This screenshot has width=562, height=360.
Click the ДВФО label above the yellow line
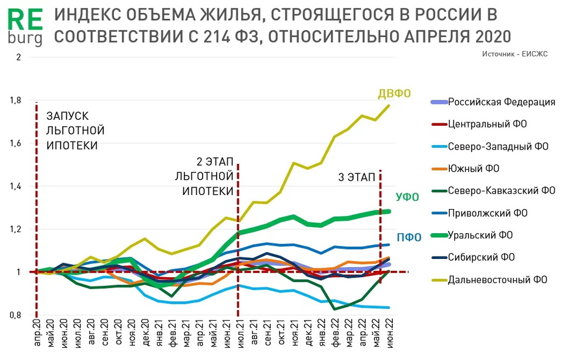coord(393,93)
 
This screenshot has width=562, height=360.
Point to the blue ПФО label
coord(410,238)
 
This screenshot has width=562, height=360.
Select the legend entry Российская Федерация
coord(502,102)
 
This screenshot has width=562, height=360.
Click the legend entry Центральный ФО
coord(487,124)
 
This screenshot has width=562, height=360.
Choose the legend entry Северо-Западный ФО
coord(497,146)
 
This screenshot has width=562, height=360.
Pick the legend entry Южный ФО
coord(473,169)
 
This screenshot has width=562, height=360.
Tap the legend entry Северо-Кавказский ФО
coord(501,190)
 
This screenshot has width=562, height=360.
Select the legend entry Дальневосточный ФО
coord(497,280)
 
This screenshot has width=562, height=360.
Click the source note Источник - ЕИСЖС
coord(514,53)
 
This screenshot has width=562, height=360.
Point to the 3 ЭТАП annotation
coord(356,177)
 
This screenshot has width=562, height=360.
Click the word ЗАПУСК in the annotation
coord(67,116)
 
